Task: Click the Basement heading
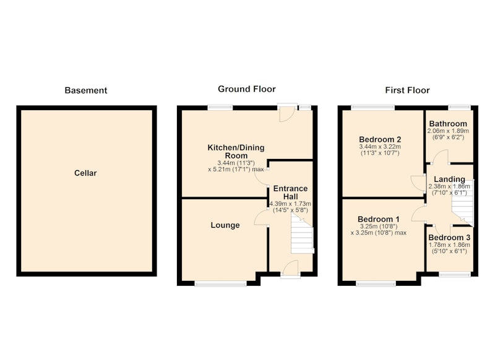tap(86, 90)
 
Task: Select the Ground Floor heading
tap(247, 89)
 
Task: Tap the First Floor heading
tap(407, 90)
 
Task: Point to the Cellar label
tap(85, 173)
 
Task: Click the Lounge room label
tap(225, 225)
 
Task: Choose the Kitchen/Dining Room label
tap(236, 152)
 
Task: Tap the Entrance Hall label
tap(290, 192)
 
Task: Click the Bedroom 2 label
tap(380, 139)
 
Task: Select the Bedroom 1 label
tap(379, 220)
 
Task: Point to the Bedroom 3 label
tap(449, 238)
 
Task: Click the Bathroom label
tap(448, 124)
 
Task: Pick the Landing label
tap(449, 179)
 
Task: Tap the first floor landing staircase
tap(463, 202)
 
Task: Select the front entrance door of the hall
tap(290, 270)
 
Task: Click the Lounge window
tap(221, 284)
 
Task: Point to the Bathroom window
tap(460, 107)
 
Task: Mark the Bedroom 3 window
tap(455, 275)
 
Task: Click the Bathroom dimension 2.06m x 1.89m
tap(448, 131)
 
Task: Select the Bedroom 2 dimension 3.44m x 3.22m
tap(380, 147)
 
